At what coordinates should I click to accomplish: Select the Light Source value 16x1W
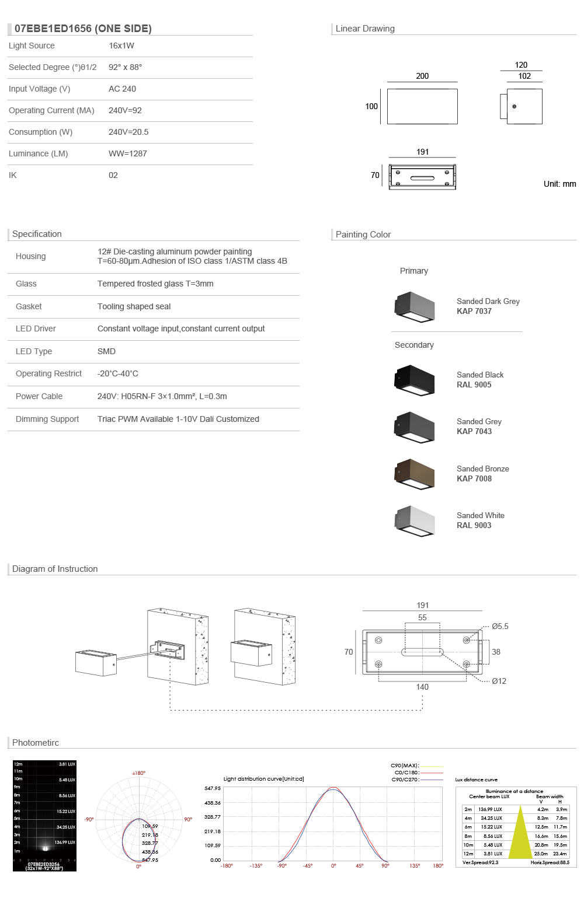click(x=121, y=46)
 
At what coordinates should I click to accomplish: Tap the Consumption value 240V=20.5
click(x=128, y=132)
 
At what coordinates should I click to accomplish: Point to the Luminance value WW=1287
click(x=128, y=153)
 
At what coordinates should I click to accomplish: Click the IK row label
click(x=13, y=175)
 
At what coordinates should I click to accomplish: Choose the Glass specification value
click(x=155, y=284)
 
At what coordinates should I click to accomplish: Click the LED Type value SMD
click(x=106, y=351)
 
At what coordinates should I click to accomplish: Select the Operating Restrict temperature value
click(x=118, y=373)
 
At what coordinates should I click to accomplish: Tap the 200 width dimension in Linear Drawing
click(x=422, y=76)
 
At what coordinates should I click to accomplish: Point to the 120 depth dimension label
click(x=521, y=65)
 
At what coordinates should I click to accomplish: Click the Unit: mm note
click(x=559, y=184)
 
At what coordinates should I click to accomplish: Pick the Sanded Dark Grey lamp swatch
click(x=415, y=306)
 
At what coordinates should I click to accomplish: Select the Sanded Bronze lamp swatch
click(x=415, y=474)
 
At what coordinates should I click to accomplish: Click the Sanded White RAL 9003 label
click(x=480, y=520)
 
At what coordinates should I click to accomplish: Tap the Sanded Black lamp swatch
click(x=415, y=380)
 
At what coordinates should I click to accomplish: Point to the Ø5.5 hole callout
click(x=500, y=626)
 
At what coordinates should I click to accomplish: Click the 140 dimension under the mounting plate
click(x=422, y=687)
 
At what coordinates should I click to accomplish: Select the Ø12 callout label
click(x=499, y=681)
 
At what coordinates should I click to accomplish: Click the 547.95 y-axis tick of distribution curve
click(x=213, y=788)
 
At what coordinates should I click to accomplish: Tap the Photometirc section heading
click(x=36, y=743)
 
